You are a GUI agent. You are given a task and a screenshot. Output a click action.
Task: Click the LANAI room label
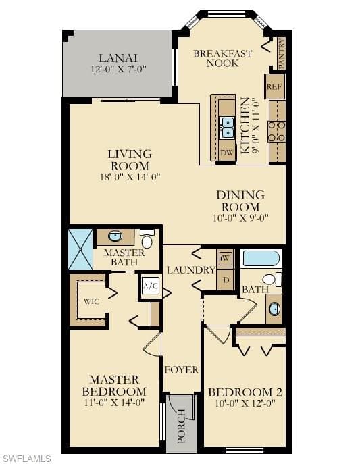point(118,58)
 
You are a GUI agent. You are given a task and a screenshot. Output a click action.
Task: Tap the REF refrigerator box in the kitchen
point(274,87)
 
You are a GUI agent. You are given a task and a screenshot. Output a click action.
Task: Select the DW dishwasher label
point(227,151)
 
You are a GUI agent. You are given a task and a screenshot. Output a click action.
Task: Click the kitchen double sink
point(228,126)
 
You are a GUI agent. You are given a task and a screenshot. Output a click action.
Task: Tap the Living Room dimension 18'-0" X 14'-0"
point(129,177)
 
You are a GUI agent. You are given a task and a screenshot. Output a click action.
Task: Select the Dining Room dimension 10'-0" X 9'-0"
point(240,217)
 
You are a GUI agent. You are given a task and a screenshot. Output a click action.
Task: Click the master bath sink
point(115,236)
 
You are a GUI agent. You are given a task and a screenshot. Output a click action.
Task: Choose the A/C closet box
point(150,286)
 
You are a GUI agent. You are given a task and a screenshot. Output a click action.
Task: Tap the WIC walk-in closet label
point(92,301)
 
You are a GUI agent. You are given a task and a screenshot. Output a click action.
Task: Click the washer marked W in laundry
point(225,258)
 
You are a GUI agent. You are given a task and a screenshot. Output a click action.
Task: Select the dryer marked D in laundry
point(225,280)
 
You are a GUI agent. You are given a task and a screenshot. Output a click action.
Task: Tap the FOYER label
point(181,369)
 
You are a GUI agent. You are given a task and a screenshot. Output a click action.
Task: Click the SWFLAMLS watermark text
point(26,459)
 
